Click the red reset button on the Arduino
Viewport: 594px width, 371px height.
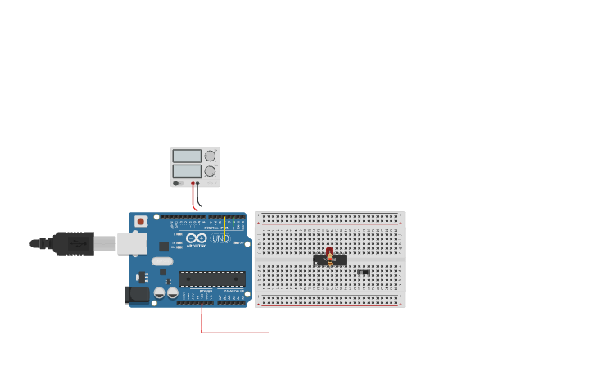140,221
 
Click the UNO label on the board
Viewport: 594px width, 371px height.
220,238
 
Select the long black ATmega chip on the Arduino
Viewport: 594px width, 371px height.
211,278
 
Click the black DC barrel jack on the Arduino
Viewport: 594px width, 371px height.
137,295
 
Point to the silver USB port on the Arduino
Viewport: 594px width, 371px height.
132,243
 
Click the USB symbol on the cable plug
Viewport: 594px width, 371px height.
78,243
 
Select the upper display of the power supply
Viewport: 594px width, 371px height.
187,156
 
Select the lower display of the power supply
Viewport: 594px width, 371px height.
187,171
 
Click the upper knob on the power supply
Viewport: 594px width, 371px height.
211,156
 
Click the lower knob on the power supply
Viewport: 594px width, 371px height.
211,171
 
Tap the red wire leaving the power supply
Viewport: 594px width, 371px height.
193,197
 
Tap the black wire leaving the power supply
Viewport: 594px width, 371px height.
200,197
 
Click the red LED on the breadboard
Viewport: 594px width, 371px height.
329,251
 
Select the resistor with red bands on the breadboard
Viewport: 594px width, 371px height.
330,260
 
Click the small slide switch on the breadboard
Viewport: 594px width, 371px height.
363,271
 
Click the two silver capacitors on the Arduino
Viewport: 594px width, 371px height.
167,292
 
